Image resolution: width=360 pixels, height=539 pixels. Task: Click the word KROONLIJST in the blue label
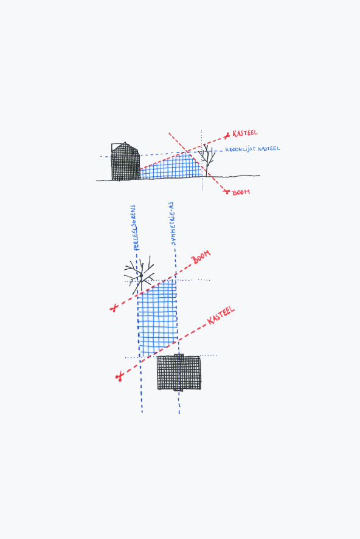241,149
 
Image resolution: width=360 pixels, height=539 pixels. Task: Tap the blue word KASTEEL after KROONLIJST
269,148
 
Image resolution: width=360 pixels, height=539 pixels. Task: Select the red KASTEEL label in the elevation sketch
245,133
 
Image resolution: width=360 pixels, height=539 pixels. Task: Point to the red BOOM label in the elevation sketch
241,192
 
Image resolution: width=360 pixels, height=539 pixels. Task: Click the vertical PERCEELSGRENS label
135,227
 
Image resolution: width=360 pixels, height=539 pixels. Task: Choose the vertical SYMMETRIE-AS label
173,224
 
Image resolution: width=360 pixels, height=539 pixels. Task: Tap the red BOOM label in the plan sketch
201,258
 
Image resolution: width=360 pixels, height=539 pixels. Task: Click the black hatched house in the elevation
125,162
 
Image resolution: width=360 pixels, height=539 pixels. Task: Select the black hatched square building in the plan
179,373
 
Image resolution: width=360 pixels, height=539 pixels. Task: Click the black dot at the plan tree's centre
141,275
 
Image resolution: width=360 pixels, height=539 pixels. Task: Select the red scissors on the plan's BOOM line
114,307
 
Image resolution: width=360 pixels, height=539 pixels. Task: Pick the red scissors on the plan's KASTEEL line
119,377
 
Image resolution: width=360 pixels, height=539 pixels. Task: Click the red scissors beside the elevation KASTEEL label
227,136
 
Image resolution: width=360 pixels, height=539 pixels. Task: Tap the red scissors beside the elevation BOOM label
226,191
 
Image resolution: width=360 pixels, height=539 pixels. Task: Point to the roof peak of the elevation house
125,142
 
